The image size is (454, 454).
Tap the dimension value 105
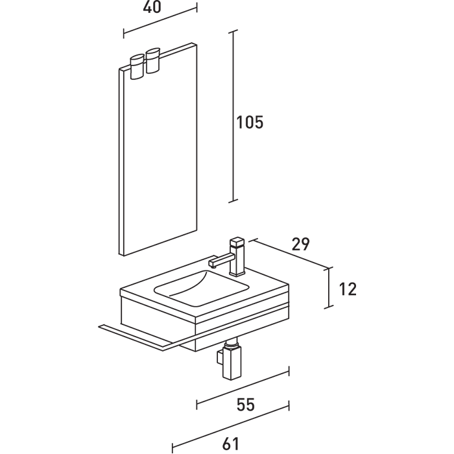click(250, 122)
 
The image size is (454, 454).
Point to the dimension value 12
click(348, 289)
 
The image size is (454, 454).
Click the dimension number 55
click(245, 405)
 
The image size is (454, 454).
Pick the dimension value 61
click(231, 444)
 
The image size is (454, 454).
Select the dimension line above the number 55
click(243, 388)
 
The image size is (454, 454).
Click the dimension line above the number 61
click(230, 427)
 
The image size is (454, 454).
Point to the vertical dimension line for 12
click(330, 287)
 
